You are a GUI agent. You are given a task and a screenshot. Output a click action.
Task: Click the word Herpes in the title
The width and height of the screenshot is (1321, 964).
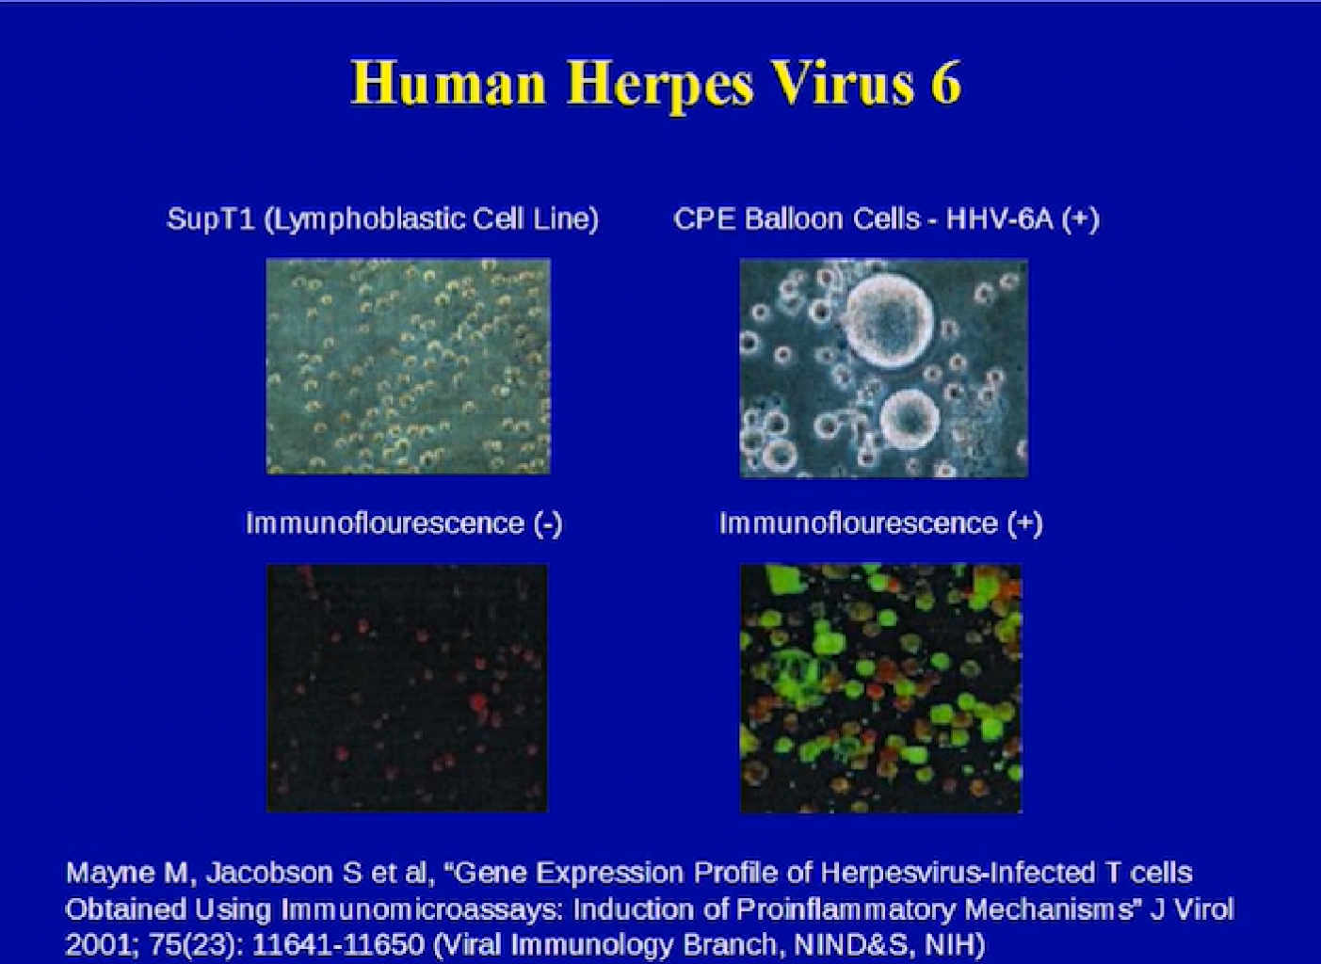(x=660, y=85)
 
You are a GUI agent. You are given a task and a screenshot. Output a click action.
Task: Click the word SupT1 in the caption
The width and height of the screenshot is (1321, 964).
(x=211, y=219)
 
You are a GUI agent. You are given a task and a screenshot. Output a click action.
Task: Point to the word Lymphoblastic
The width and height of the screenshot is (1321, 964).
(x=367, y=220)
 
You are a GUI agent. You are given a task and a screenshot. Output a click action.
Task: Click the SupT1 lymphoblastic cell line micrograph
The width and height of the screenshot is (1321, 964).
(x=408, y=366)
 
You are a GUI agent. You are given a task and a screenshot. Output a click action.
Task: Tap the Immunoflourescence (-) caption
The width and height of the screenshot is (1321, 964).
(x=404, y=523)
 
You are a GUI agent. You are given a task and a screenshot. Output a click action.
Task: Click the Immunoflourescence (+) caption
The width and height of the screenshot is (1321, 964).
(x=881, y=523)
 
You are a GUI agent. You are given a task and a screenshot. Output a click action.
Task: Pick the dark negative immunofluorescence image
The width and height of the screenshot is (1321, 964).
(x=407, y=688)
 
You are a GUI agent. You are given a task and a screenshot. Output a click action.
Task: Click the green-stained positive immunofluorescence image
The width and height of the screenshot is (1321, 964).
(x=881, y=688)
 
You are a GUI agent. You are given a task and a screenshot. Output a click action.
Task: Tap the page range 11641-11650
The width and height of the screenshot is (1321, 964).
(x=339, y=945)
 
